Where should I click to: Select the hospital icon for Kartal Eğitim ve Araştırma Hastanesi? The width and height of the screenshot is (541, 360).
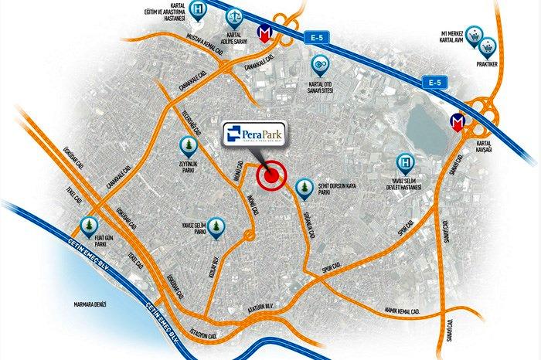pyautogui.click(x=199, y=10)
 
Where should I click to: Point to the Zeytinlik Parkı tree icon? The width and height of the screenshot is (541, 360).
pyautogui.click(x=187, y=144)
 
